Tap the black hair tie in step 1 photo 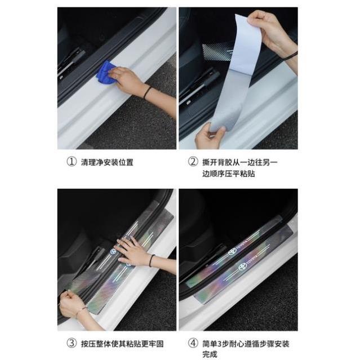click(x=148, y=92)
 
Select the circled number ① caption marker click(x=71, y=162)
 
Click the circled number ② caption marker click(x=193, y=162)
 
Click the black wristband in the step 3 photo click(x=152, y=260)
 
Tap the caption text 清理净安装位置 click(x=108, y=162)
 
